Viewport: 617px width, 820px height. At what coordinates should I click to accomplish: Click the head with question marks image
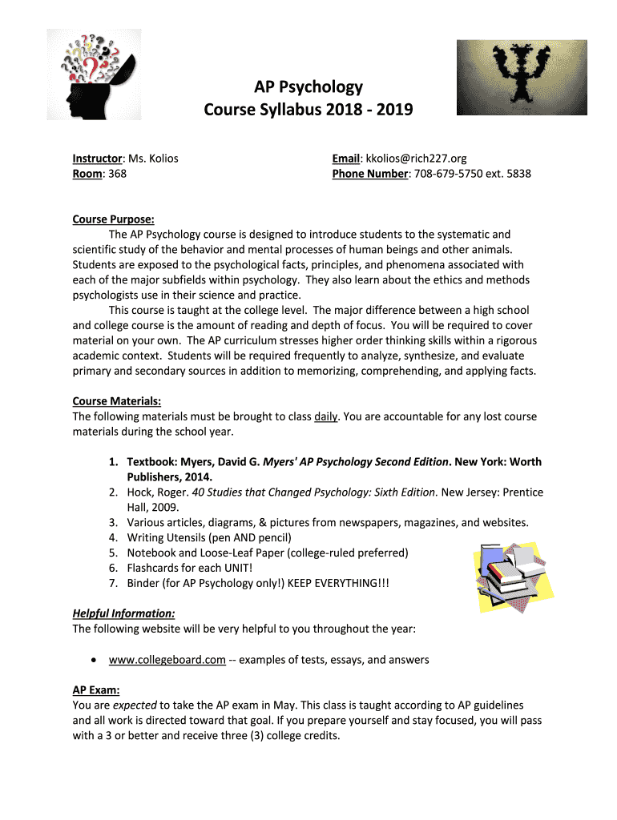pos(94,74)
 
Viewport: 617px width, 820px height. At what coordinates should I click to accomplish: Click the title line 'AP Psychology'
pos(308,87)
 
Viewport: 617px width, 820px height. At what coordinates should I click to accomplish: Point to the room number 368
pos(117,173)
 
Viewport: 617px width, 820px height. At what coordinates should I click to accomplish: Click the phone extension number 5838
pos(517,173)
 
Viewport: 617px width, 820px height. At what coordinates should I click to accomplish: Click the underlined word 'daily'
pos(326,416)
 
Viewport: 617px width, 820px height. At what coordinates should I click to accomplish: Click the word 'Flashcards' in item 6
pos(154,568)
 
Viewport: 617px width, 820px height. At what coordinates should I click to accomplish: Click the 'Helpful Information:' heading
pos(123,614)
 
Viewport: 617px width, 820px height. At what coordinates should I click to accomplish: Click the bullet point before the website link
pos(95,661)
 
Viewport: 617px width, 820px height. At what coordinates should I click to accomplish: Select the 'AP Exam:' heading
pos(96,689)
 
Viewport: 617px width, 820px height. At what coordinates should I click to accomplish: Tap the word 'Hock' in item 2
pos(140,492)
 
